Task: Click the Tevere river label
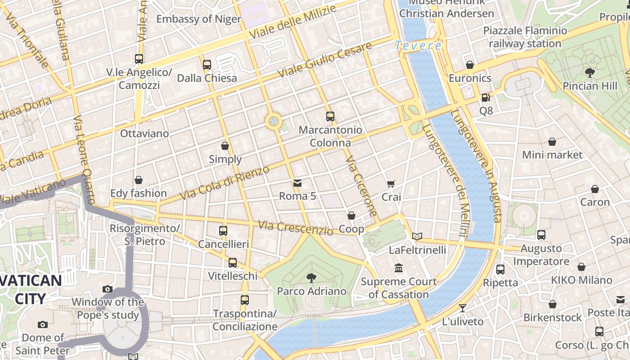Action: coord(418,45)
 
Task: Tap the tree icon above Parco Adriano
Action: coord(311,278)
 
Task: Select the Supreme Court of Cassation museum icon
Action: coord(399,268)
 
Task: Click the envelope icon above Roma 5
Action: coord(297,183)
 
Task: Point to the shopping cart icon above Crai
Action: coord(391,184)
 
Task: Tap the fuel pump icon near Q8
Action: coord(486,97)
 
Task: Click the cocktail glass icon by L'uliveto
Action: coord(463,308)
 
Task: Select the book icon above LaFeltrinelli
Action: coord(417,236)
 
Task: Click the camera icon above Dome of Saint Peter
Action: coord(43,324)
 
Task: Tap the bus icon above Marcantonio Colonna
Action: coord(330,117)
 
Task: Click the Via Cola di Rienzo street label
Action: coord(225,183)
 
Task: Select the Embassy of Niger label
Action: coord(198,19)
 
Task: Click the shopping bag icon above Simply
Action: coord(225,146)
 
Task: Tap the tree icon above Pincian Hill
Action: coord(589,72)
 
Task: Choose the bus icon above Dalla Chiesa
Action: coord(207,64)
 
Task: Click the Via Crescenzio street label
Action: coord(296,227)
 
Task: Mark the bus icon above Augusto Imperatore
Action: coord(541,235)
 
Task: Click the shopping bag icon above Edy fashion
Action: coord(139,180)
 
